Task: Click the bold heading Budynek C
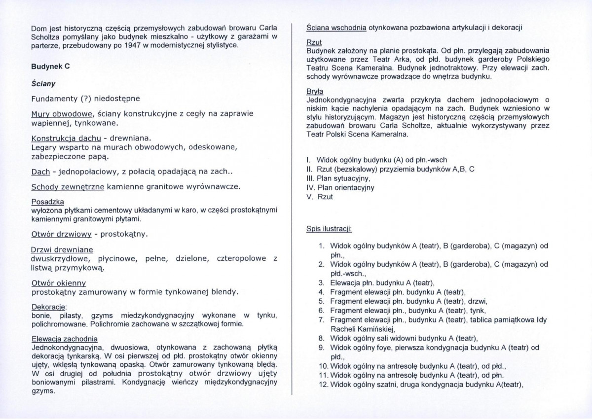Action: [50, 67]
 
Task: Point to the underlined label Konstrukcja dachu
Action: [67, 139]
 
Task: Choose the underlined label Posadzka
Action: [47, 202]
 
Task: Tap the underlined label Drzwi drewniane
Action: [62, 250]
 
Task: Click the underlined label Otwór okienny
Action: [59, 283]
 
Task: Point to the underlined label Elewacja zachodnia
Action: [65, 339]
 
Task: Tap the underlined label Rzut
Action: [314, 43]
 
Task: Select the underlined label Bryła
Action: [315, 92]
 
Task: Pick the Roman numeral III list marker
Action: [310, 178]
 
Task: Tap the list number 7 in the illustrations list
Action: [321, 319]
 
